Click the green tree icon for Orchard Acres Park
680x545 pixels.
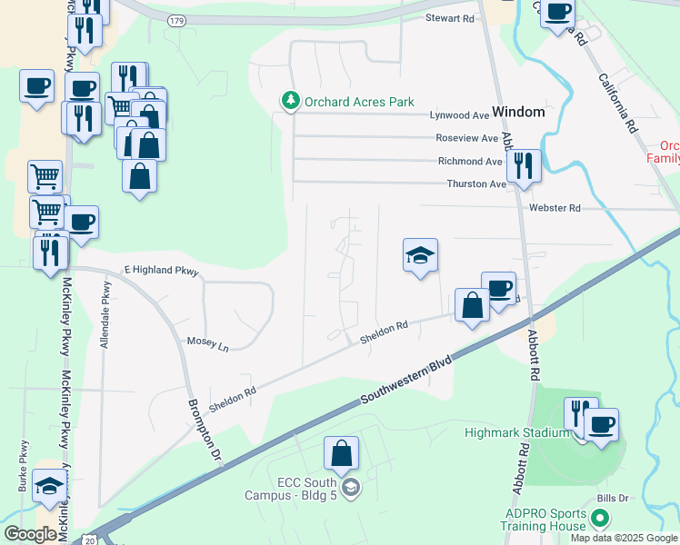[290, 100]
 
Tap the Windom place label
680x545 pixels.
[518, 112]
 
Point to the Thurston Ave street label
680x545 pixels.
[475, 183]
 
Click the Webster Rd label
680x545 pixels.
[554, 208]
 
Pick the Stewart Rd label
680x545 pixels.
[450, 18]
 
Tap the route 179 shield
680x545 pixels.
[177, 19]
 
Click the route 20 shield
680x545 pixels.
[87, 538]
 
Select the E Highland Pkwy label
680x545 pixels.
[160, 272]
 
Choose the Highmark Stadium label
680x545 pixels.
[516, 432]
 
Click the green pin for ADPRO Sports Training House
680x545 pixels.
[599, 519]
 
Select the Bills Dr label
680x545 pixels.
[613, 499]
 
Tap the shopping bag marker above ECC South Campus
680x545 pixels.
[341, 453]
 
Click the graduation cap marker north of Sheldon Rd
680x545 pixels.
[421, 256]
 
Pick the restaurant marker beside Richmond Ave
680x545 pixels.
[524, 166]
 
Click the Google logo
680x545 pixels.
[30, 534]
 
